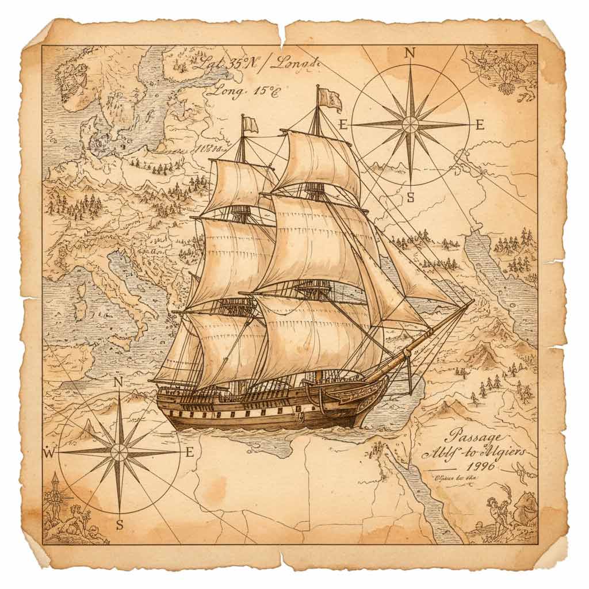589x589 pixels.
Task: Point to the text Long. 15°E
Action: pyautogui.click(x=243, y=90)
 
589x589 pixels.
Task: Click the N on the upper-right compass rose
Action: pyautogui.click(x=410, y=53)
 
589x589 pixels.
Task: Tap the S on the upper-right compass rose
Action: pyautogui.click(x=410, y=197)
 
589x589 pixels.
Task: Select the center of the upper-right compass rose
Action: pyautogui.click(x=410, y=124)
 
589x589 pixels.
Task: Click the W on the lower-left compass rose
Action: pyautogui.click(x=49, y=453)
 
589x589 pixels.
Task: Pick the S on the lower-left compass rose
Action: pyautogui.click(x=120, y=524)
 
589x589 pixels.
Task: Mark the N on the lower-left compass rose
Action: pyautogui.click(x=118, y=382)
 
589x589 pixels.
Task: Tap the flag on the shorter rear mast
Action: pyautogui.click(x=250, y=124)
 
